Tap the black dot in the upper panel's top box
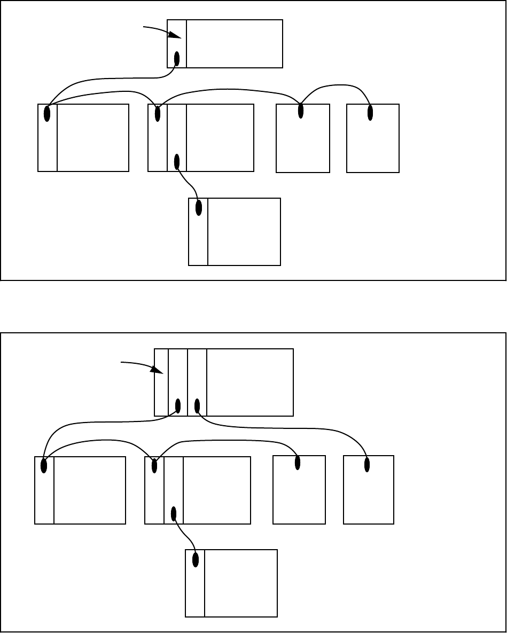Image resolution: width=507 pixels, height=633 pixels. [177, 58]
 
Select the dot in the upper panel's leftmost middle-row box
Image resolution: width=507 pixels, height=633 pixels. [47, 114]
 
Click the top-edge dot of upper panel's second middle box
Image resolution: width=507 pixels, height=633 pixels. [158, 114]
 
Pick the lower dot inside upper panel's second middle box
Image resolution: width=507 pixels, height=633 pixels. [177, 161]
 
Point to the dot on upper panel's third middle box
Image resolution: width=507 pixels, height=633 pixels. [301, 111]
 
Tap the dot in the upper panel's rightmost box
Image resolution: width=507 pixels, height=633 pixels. [370, 113]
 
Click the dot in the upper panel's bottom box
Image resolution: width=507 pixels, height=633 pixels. [199, 208]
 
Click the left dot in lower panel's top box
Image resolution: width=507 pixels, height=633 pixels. [177, 406]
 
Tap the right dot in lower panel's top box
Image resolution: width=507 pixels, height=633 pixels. [197, 406]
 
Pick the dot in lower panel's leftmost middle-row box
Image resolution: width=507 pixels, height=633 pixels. [44, 466]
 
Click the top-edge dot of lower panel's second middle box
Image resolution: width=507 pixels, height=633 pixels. [154, 466]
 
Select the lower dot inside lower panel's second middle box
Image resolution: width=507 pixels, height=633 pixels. [174, 514]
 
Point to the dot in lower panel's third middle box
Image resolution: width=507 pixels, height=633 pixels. [298, 463]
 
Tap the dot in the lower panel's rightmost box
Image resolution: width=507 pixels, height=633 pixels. [367, 465]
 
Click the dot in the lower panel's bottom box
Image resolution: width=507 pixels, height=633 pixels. [196, 560]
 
